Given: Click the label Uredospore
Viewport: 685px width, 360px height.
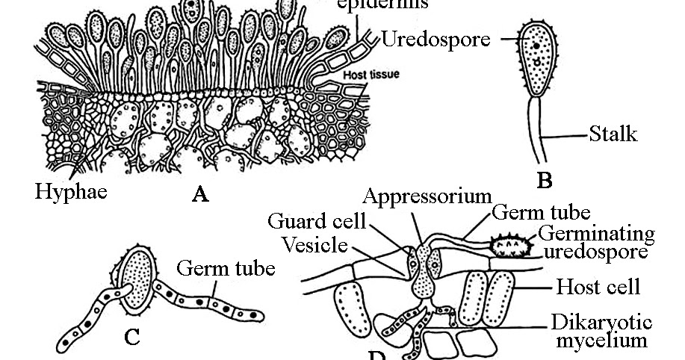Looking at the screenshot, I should (x=436, y=38).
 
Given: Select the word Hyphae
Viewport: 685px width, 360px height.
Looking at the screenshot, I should (x=71, y=191).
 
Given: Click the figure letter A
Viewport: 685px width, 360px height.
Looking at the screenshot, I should (x=199, y=196).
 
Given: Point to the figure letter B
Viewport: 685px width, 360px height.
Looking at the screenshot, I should (x=545, y=180).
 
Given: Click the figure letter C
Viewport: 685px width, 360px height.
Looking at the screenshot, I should (x=131, y=338).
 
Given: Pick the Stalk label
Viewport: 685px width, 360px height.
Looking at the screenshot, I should (x=613, y=134).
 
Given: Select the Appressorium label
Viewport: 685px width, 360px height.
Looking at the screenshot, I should (x=425, y=196).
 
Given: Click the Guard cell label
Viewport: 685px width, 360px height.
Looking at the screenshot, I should (x=317, y=221).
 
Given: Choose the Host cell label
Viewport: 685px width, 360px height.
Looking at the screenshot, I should (x=599, y=286).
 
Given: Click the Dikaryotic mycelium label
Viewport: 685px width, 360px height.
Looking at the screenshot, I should (x=602, y=332).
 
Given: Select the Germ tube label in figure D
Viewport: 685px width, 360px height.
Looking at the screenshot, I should (x=542, y=213).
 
